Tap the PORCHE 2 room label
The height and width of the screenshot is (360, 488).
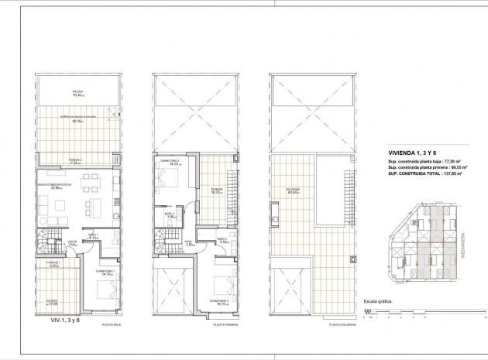(x=75, y=162)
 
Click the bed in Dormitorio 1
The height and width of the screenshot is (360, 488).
(x=103, y=293)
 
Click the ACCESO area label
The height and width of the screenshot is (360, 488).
(x=52, y=302)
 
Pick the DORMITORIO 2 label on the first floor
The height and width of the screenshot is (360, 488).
(x=170, y=163)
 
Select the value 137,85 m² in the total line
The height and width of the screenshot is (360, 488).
(x=448, y=175)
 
